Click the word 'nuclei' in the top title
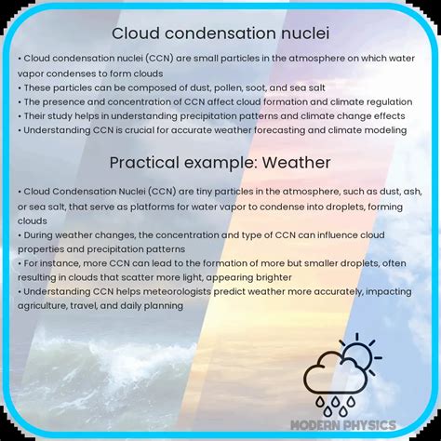coord(305,33)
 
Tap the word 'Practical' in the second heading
coord(144,163)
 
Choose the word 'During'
coord(38,235)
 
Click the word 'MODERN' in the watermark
coord(314,425)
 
